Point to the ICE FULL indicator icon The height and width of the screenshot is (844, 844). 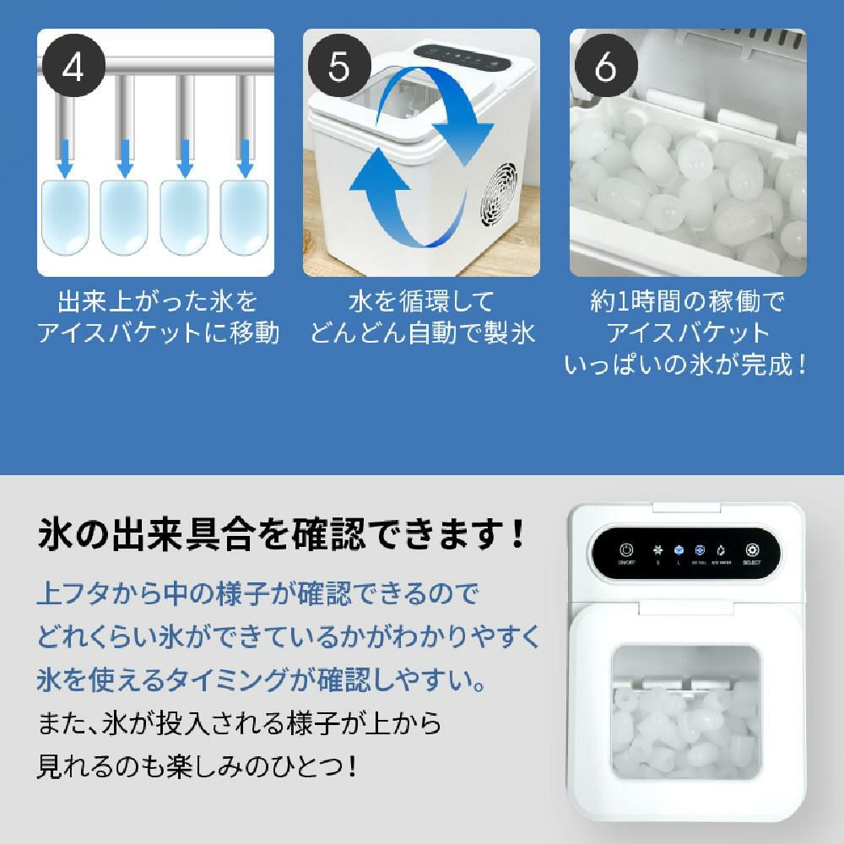700,548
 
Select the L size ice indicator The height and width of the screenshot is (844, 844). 678,548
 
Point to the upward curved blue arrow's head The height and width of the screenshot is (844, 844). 371,173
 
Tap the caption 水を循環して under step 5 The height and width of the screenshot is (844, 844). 421,301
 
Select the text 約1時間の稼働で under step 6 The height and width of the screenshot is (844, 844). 687,301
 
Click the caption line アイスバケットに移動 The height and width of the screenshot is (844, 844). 157,333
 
